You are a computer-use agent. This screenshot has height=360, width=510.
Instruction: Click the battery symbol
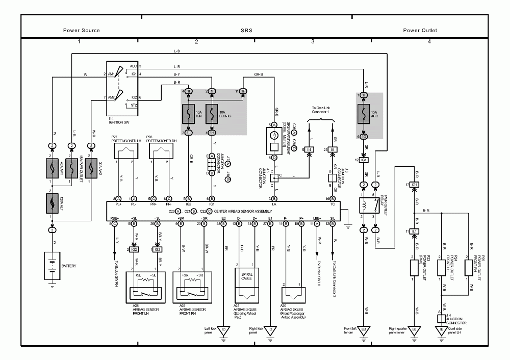point(52,265)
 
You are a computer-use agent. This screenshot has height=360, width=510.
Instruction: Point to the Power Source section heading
point(82,30)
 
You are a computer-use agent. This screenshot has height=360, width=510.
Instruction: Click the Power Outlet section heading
point(420,30)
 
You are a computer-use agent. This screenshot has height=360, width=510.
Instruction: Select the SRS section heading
point(247,30)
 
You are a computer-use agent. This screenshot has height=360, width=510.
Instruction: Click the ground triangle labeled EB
point(364,330)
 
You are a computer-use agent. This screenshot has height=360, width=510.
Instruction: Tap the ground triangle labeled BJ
point(414,330)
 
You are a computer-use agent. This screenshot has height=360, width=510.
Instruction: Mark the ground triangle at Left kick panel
point(223,330)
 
